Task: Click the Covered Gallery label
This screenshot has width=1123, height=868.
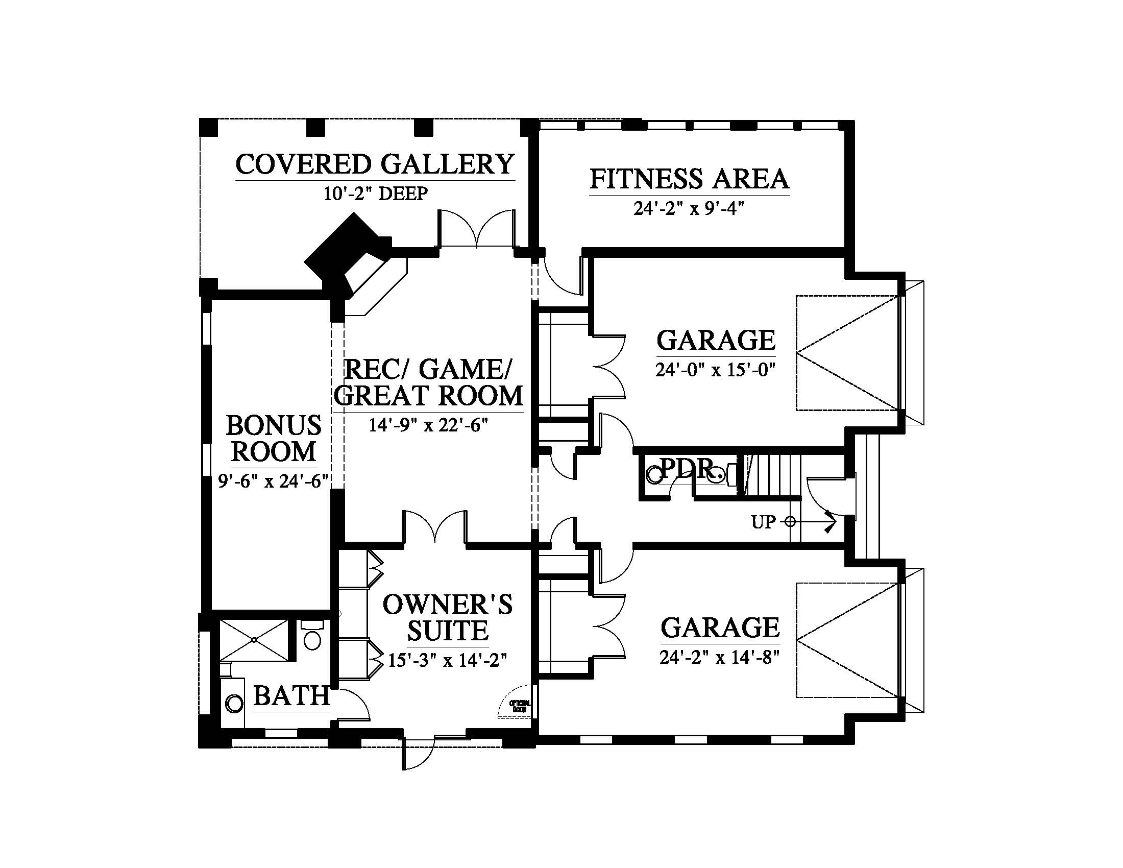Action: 375,164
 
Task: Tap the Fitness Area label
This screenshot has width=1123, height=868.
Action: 689,179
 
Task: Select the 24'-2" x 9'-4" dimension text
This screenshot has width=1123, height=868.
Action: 689,208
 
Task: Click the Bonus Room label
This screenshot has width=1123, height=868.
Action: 274,439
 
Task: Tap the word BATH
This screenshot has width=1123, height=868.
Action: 291,696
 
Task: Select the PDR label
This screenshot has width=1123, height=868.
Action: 687,468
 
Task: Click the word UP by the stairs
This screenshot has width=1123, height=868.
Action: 763,522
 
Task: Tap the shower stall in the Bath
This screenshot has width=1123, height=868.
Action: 254,640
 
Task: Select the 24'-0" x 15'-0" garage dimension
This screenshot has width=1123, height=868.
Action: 715,370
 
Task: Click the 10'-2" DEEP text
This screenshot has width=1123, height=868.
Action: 376,194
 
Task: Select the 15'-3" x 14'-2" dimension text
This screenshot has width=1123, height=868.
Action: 448,660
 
